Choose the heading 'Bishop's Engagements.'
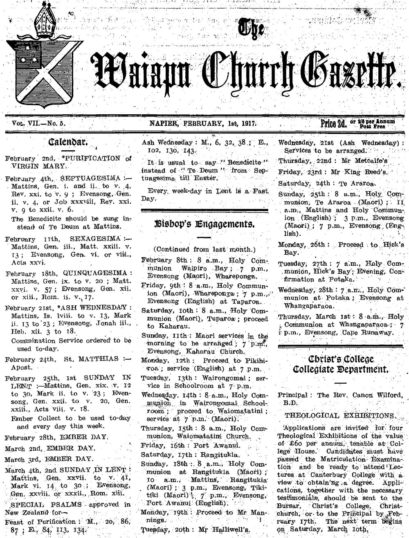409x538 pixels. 209,224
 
